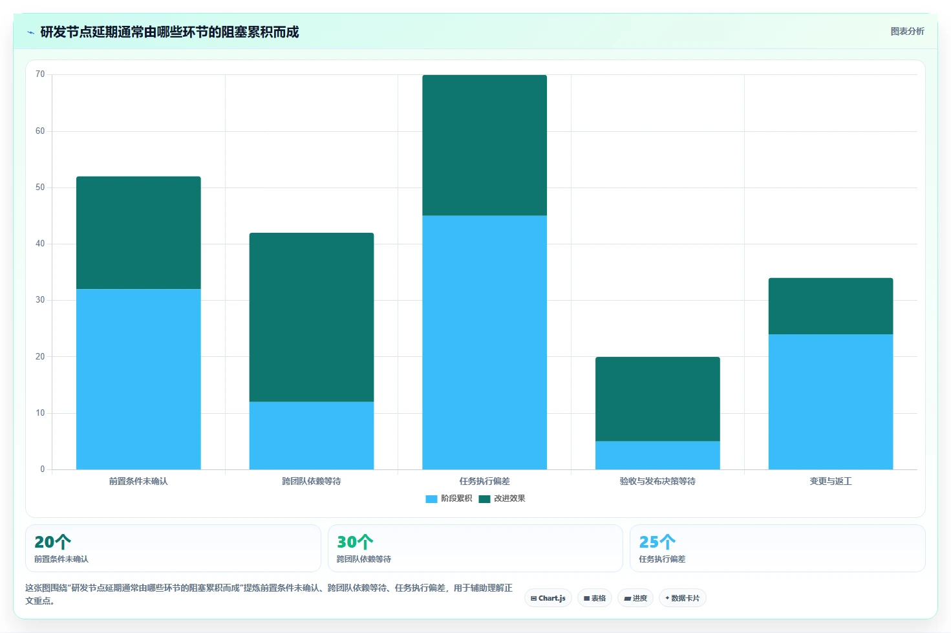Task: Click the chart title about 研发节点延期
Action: pyautogui.click(x=169, y=32)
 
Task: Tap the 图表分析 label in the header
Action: pyautogui.click(x=907, y=32)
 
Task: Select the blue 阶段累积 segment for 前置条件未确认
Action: pyautogui.click(x=138, y=379)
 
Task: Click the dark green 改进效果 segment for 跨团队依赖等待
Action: pyautogui.click(x=312, y=317)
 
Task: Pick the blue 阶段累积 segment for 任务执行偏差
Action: pyautogui.click(x=484, y=343)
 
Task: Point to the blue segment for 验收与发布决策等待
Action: pyautogui.click(x=657, y=455)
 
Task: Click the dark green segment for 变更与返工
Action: pyautogui.click(x=831, y=306)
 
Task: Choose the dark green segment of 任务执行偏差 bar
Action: pyautogui.click(x=484, y=145)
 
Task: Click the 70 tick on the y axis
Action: pyautogui.click(x=40, y=74)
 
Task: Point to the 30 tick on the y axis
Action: pyautogui.click(x=40, y=300)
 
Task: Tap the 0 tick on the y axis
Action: pyautogui.click(x=43, y=469)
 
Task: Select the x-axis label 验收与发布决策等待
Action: pyautogui.click(x=657, y=481)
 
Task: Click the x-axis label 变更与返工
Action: pyautogui.click(x=831, y=481)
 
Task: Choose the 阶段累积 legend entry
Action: pyautogui.click(x=449, y=499)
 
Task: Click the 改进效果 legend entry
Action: pyautogui.click(x=502, y=499)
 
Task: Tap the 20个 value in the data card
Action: pyautogui.click(x=52, y=542)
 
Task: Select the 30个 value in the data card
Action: pyautogui.click(x=355, y=542)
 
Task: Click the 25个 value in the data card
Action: pyautogui.click(x=657, y=542)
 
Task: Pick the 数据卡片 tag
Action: pyautogui.click(x=682, y=598)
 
